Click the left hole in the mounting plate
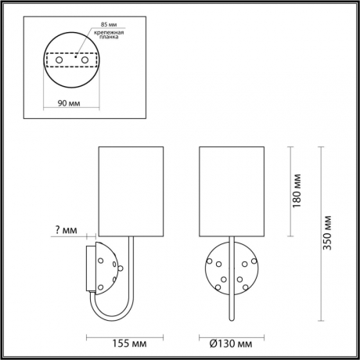[56, 59]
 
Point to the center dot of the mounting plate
[71, 57]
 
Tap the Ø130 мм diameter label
[230, 343]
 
